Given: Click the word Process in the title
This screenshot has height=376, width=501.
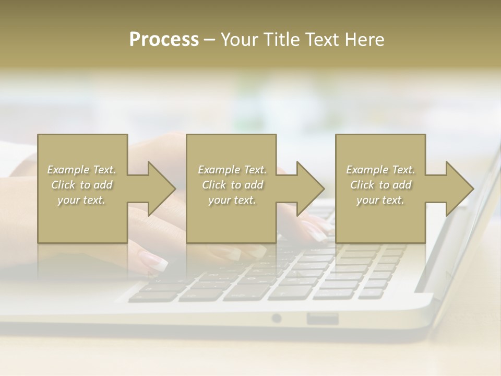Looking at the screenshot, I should coord(164,40).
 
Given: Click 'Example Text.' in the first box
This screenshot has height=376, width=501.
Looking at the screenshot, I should coord(82,170).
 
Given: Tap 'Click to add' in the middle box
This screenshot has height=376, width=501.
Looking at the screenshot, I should coord(232,185).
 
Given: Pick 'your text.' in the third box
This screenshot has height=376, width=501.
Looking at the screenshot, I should coord(380,200).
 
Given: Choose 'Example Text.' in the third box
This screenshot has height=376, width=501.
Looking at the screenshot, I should coord(380,170).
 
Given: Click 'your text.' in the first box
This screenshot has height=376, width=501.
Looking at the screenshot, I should coord(82,200).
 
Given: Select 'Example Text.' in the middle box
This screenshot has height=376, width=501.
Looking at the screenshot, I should coord(232,170).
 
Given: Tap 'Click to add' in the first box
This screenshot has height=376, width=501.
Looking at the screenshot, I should coord(82,185).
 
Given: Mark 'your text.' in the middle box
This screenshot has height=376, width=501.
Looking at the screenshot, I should coord(232,200).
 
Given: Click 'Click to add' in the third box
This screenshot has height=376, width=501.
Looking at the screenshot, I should coord(380,185).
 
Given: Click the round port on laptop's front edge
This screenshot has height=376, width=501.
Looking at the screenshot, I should coord(277,318).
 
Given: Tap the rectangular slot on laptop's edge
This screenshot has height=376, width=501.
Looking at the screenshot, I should coord(322,318).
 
